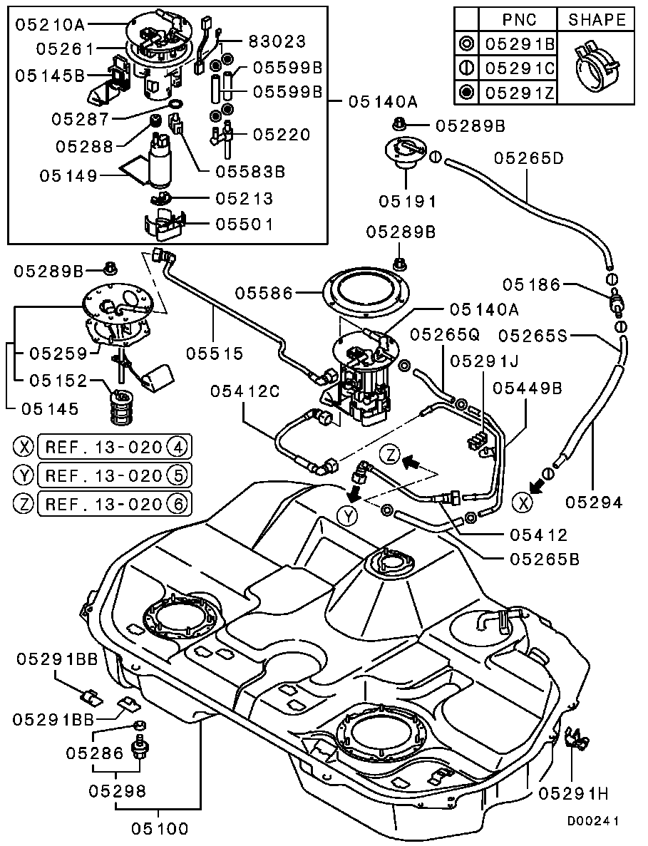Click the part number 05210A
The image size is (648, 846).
(x=49, y=26)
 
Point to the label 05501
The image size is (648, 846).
(x=245, y=225)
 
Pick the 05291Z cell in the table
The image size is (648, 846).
(x=520, y=91)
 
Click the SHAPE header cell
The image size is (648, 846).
(x=597, y=20)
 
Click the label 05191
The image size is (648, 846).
(x=407, y=202)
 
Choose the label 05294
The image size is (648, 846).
(x=595, y=502)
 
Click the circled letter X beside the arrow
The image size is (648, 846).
(x=524, y=502)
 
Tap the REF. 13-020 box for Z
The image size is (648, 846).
(x=113, y=504)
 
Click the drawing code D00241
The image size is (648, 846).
(x=592, y=820)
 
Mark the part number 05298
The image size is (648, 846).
(x=118, y=790)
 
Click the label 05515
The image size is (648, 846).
(x=216, y=352)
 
